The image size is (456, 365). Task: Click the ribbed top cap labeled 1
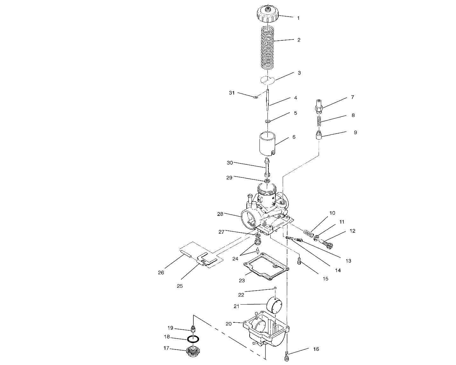pyautogui.click(x=268, y=14)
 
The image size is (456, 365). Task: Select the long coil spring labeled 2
pyautogui.click(x=267, y=48)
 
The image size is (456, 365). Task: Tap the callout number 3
pyautogui.click(x=299, y=73)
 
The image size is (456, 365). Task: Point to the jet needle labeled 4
pyautogui.click(x=268, y=100)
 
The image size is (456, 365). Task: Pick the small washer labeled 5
pyautogui.click(x=267, y=121)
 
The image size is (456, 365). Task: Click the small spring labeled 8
pyautogui.click(x=319, y=121)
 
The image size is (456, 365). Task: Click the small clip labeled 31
pyautogui.click(x=256, y=97)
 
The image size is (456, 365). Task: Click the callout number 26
pyautogui.click(x=161, y=272)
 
